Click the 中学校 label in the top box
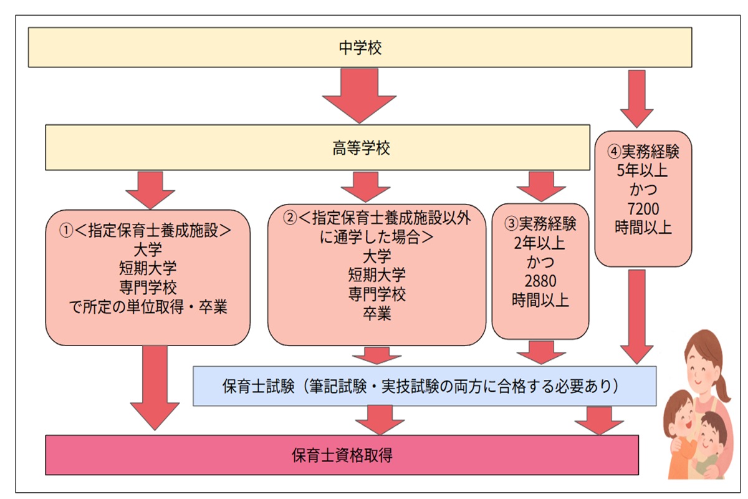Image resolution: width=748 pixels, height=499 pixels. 360,47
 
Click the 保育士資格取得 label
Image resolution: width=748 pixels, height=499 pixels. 342,455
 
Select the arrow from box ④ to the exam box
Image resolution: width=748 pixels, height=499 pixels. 636,315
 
